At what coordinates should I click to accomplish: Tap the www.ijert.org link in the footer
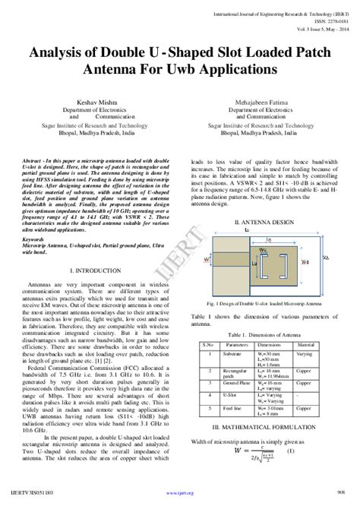click(178, 502)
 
